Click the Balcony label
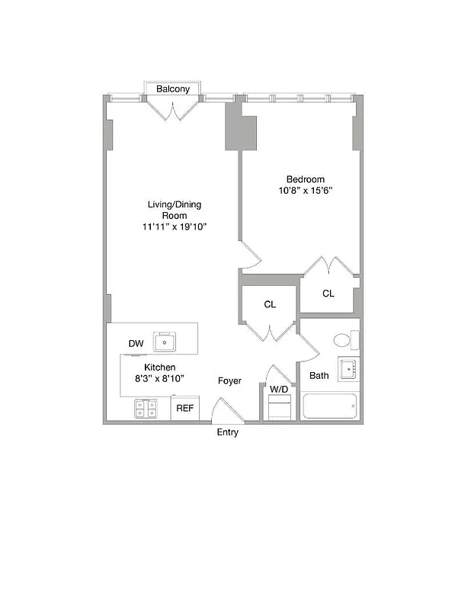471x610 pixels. pos(173,89)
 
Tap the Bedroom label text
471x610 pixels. pos(306,179)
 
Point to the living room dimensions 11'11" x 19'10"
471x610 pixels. pos(175,226)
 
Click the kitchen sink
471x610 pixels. pos(165,342)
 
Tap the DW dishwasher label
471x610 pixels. pos(136,344)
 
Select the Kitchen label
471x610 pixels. pos(160,368)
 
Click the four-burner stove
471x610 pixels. pos(146,409)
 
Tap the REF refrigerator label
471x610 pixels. pos(185,409)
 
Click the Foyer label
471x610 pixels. pos(229,380)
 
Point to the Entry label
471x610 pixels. pos(227,432)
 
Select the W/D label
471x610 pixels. pos(279,390)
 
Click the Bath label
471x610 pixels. pos(319,375)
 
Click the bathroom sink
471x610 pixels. pos(348,370)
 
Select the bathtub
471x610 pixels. pos(330,406)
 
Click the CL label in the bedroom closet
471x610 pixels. pos(328,294)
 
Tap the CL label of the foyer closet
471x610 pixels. pos(270,304)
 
